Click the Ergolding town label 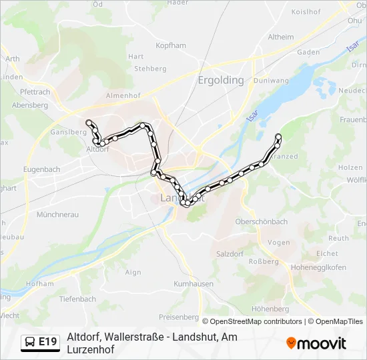[x=220, y=80]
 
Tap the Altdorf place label [x=97, y=150]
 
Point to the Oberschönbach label [x=262, y=222]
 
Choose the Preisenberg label [x=179, y=317]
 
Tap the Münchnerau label [x=57, y=215]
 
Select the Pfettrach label [x=35, y=92]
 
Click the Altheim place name [x=280, y=37]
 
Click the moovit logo [x=316, y=343]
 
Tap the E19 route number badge [x=47, y=342]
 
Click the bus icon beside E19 [x=30, y=342]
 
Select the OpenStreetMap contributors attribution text [x=252, y=321]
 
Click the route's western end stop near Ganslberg [x=89, y=122]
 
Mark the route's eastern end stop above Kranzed [x=278, y=137]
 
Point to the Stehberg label [x=149, y=69]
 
